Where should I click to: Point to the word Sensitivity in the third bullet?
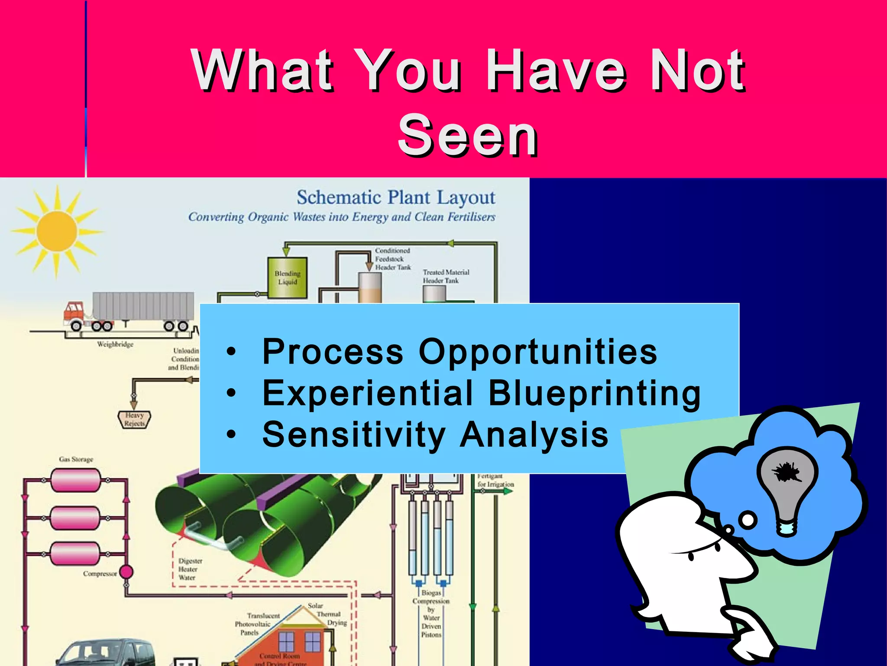(354, 434)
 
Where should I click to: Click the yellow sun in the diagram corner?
(57, 231)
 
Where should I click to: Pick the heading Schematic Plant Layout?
(395, 198)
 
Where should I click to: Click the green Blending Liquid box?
(288, 277)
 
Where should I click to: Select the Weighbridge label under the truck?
(115, 344)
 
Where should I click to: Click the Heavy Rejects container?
(135, 419)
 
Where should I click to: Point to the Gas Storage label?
(76, 459)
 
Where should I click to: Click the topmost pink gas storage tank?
(75, 480)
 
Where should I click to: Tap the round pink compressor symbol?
(126, 572)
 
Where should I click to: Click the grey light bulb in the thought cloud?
(787, 486)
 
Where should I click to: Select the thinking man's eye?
(691, 556)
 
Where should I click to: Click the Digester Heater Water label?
(190, 569)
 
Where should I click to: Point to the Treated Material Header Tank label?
(446, 276)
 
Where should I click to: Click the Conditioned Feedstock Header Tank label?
(392, 259)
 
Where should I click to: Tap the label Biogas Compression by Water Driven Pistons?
(431, 613)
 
